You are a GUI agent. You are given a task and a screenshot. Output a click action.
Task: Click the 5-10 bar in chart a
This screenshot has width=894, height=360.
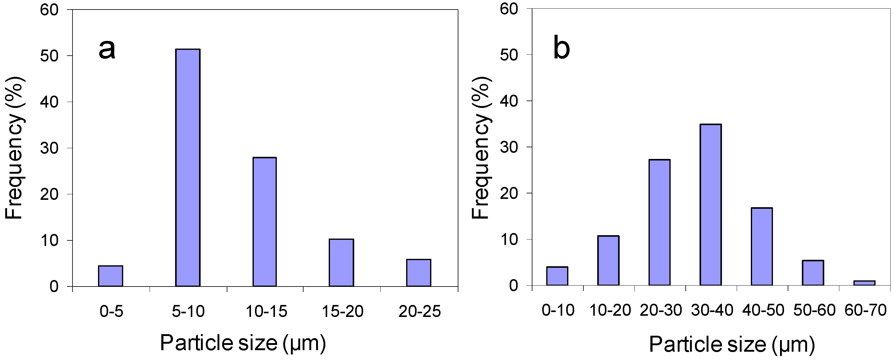pos(188,168)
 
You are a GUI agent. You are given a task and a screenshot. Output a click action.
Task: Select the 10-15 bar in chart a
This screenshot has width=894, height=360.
pos(265,222)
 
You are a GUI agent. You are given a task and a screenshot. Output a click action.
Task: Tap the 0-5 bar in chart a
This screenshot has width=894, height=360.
pos(110,276)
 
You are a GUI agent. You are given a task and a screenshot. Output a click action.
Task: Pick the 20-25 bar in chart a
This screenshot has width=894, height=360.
pos(419,273)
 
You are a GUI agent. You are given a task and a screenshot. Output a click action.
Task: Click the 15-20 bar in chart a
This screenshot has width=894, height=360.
pos(342,263)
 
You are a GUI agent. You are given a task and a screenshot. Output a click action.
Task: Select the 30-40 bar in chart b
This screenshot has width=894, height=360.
pos(711,205)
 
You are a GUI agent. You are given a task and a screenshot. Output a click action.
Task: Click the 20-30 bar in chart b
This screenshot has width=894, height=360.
pos(659,223)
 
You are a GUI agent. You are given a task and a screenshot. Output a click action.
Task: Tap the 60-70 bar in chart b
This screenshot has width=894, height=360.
pos(865,283)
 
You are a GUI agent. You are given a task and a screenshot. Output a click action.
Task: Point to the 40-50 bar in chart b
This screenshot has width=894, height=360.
pos(762,247)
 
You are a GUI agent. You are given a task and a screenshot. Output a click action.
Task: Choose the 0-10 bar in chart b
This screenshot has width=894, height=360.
pos(557,276)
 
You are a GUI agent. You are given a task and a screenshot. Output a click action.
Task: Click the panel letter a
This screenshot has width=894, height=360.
pos(107,49)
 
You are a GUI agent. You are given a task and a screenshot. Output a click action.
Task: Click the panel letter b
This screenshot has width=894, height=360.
pos(561,49)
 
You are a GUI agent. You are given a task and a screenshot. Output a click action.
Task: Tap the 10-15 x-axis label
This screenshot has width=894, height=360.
pos(266,311)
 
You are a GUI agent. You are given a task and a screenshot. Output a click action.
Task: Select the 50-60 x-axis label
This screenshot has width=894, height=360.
pos(814,310)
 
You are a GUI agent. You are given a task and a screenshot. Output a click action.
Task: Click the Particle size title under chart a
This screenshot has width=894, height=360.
pos(243,343)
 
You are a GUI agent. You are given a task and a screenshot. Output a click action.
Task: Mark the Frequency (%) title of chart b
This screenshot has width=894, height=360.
pos(481,148)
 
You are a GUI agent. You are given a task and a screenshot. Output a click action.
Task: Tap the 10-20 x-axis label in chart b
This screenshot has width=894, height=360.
pos(610,310)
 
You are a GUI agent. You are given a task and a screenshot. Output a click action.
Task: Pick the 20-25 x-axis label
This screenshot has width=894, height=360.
pos(420,311)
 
